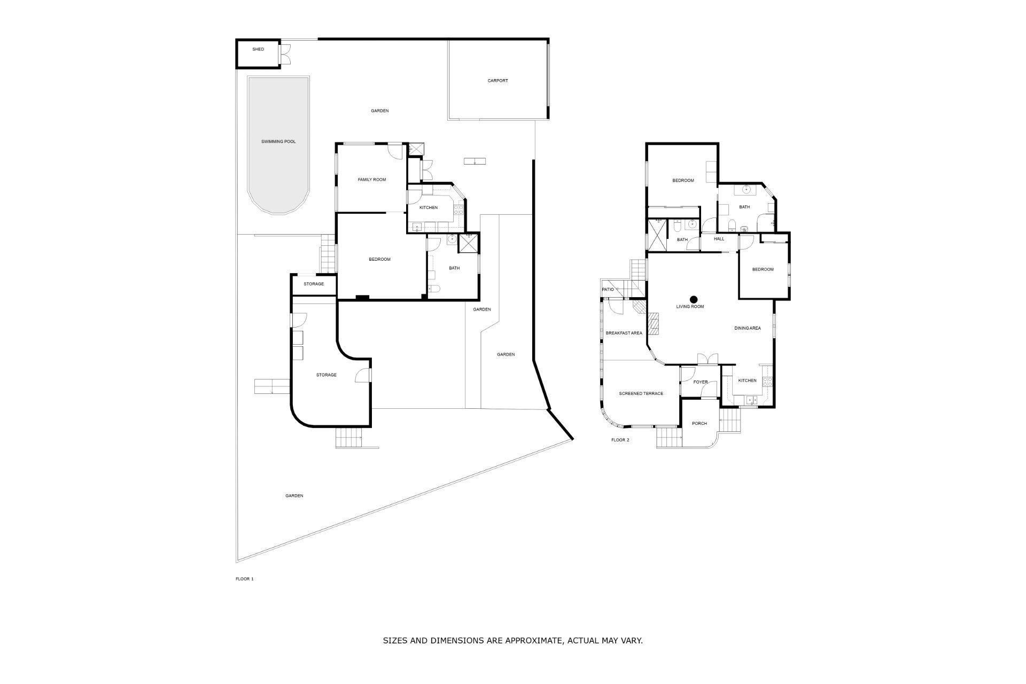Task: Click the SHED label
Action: click(x=258, y=49)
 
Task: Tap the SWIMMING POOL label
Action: click(x=278, y=142)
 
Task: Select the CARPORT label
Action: click(x=498, y=81)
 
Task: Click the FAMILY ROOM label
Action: click(x=372, y=180)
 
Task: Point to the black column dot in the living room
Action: click(x=694, y=299)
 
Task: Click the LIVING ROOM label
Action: click(x=690, y=307)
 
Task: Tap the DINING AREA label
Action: click(x=747, y=328)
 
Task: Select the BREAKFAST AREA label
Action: click(x=624, y=333)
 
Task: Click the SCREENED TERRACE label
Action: click(x=641, y=393)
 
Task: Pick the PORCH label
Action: click(x=699, y=423)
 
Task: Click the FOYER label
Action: click(x=700, y=382)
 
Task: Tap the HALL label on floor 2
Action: click(x=719, y=239)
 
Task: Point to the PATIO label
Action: click(x=608, y=289)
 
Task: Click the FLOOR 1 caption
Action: click(x=244, y=579)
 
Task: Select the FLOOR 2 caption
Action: click(x=620, y=440)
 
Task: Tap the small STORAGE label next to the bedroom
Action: click(x=314, y=284)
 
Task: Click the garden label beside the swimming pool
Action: click(x=379, y=111)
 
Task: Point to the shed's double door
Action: click(x=286, y=53)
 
